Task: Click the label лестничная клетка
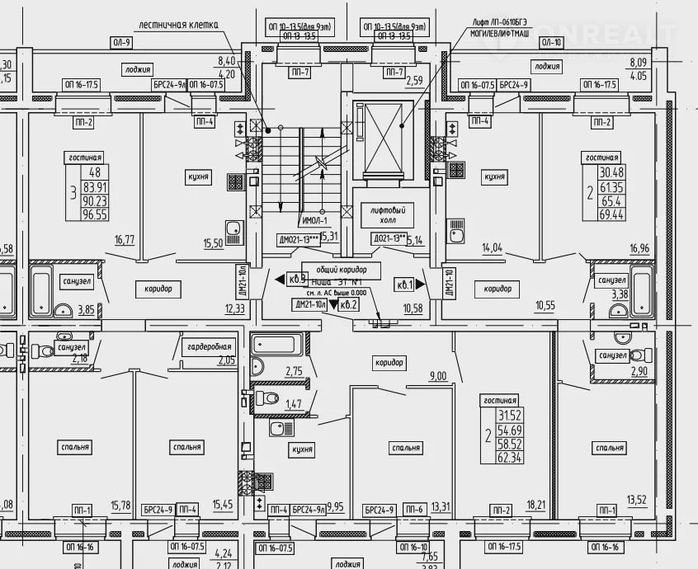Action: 178,25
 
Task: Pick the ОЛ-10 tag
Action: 553,41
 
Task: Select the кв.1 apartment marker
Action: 404,284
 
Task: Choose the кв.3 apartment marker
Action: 298,279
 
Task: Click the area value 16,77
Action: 125,240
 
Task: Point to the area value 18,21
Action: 535,503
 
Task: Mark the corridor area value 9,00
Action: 437,376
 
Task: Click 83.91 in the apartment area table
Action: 96,187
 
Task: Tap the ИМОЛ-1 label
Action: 314,220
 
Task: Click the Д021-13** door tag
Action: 387,238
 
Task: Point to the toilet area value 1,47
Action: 293,405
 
